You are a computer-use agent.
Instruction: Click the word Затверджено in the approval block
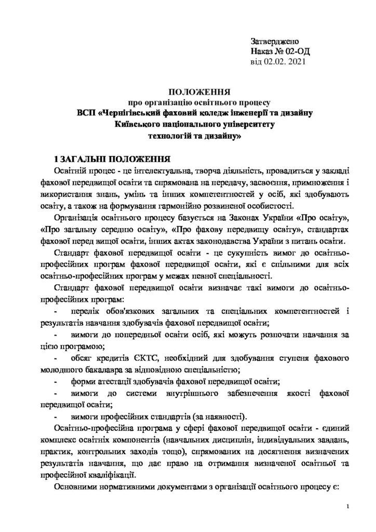click(x=275, y=41)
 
